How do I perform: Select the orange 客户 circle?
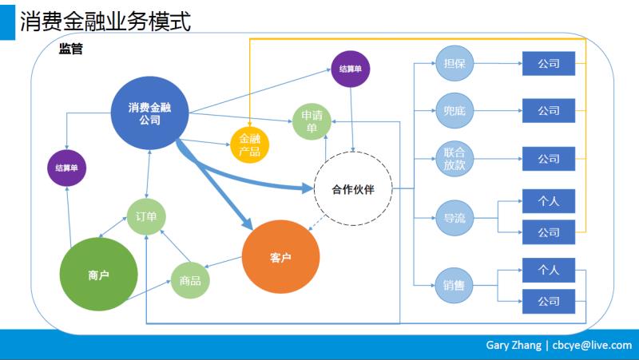pyautogui.click(x=280, y=257)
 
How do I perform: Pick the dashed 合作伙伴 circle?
pyautogui.click(x=352, y=188)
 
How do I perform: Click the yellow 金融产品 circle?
pyautogui.click(x=249, y=145)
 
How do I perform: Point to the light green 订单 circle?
pyautogui.click(x=146, y=216)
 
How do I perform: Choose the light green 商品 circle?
pyautogui.click(x=190, y=280)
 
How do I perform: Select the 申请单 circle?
pyautogui.click(x=310, y=121)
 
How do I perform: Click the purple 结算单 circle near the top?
pyautogui.click(x=350, y=69)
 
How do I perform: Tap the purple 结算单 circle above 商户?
pyautogui.click(x=67, y=168)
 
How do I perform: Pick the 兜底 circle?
pyautogui.click(x=454, y=110)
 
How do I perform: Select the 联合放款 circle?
pyautogui.click(x=454, y=158)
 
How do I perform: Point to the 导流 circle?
pyautogui.click(x=454, y=217)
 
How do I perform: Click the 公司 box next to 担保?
pyautogui.click(x=548, y=64)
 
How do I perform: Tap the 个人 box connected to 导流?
pyautogui.click(x=548, y=201)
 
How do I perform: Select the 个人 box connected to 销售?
pyautogui.click(x=548, y=270)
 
